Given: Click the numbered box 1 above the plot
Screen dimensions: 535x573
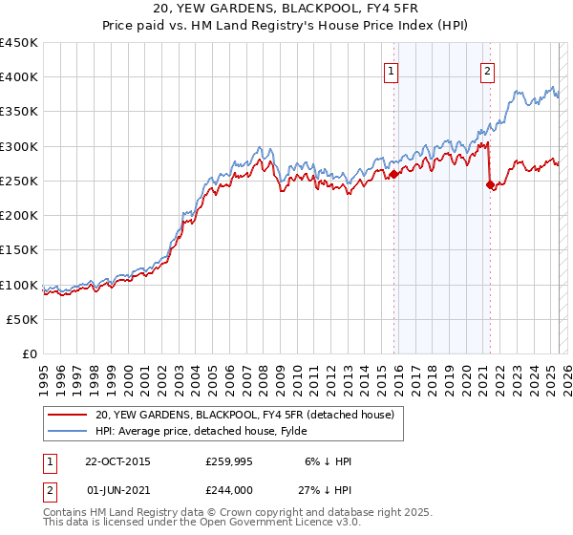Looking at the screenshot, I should (392, 70).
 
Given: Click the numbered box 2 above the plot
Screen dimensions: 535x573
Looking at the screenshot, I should (487, 70).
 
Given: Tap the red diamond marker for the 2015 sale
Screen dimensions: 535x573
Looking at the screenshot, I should (393, 174).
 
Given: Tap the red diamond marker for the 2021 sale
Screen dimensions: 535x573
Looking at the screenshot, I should (491, 185).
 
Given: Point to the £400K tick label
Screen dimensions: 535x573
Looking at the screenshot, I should (19, 77).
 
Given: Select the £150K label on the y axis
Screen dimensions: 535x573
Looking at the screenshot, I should (19, 250).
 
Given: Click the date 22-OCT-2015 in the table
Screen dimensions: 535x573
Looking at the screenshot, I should (117, 461).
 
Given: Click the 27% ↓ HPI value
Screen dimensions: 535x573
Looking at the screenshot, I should (326, 491).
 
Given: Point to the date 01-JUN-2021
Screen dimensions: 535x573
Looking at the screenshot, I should (118, 491).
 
